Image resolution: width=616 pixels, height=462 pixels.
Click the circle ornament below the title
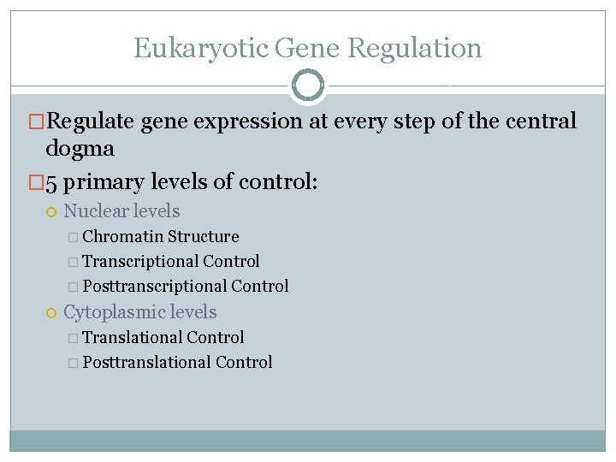308,86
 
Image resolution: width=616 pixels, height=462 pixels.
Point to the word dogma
80,149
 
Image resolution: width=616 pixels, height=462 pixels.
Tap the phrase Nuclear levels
121,210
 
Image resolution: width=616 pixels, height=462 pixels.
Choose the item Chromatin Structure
161,236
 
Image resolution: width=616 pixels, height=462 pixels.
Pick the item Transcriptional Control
171,261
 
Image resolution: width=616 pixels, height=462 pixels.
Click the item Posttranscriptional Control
186,286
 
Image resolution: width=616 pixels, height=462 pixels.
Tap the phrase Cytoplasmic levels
140,312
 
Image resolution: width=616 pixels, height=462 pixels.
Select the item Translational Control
163,337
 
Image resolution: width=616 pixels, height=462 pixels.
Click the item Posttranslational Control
178,362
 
